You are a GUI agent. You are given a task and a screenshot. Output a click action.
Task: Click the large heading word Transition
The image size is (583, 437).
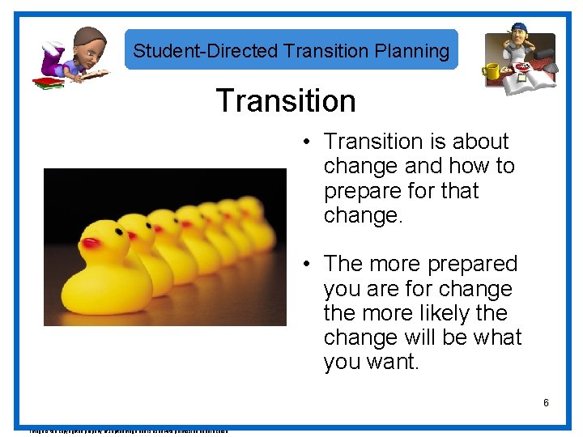(x=286, y=101)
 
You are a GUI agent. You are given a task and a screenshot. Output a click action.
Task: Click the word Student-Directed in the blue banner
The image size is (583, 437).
(x=206, y=51)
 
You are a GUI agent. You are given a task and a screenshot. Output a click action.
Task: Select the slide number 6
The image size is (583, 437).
(x=547, y=402)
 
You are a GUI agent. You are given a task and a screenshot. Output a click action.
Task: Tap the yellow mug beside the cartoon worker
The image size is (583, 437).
(x=492, y=72)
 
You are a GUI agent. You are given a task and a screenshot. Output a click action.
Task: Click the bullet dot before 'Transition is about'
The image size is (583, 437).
(x=309, y=142)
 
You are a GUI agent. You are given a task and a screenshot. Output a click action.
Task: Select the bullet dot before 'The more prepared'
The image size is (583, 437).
(x=309, y=265)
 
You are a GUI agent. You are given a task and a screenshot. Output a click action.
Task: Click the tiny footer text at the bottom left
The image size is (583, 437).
(x=121, y=431)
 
